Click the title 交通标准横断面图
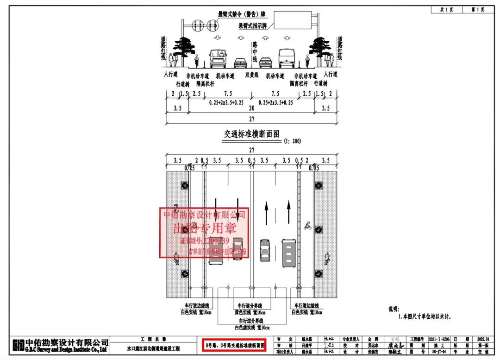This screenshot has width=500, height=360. pos(252,134)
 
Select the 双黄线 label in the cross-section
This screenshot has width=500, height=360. pos(251,75)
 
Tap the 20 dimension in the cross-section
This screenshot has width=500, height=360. pos(251,108)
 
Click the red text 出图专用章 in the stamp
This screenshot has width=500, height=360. pos(204,228)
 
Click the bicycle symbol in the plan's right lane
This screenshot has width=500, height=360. pos(306,226)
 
